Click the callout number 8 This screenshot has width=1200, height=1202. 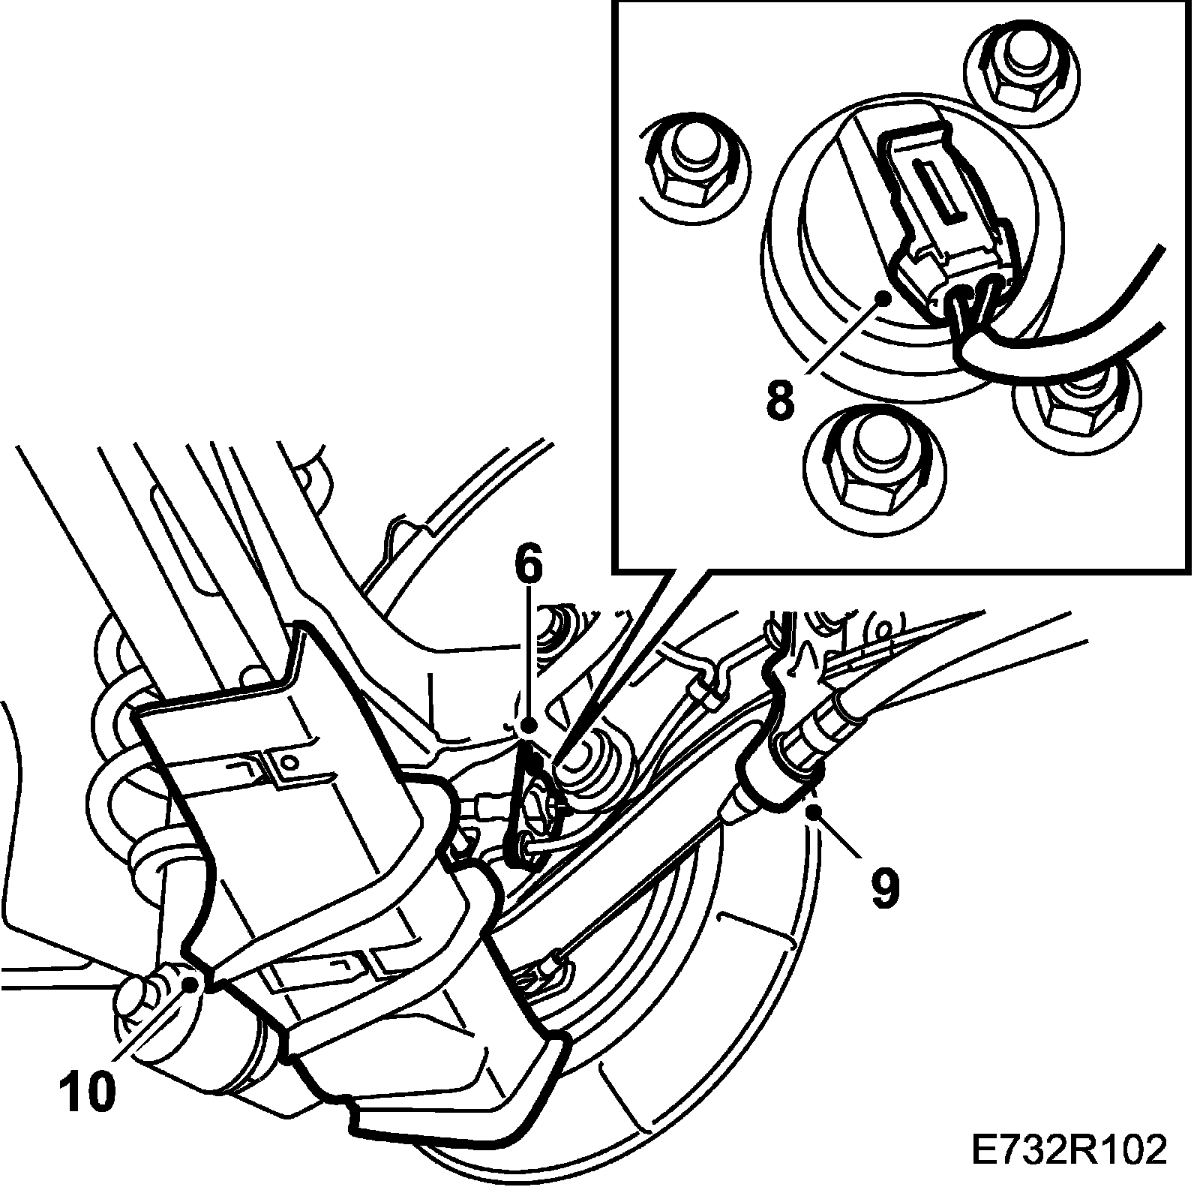tap(780, 400)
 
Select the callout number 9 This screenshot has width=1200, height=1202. tap(884, 888)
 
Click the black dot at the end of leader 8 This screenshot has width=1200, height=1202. tap(886, 298)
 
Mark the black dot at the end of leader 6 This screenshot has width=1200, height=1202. tap(529, 726)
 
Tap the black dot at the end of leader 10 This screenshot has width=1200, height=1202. tap(190, 984)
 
